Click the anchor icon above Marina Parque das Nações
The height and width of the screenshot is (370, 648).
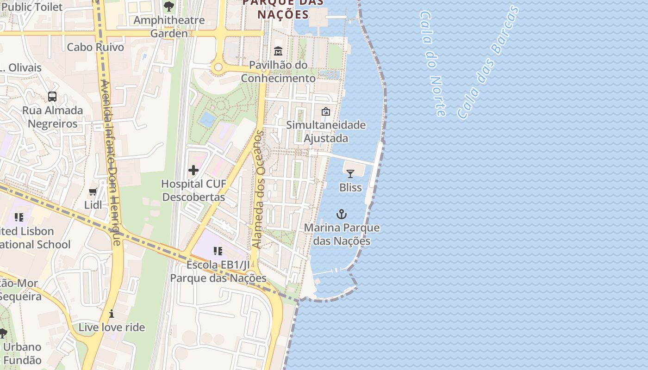pyautogui.click(x=341, y=214)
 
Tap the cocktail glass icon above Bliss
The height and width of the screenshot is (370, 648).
pyautogui.click(x=350, y=173)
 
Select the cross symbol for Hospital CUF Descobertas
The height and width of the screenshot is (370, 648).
pyautogui.click(x=193, y=170)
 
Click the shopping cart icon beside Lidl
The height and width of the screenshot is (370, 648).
pyautogui.click(x=93, y=191)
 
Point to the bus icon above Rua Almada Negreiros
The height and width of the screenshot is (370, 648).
pyautogui.click(x=52, y=97)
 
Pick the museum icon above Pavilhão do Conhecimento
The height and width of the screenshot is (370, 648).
pyautogui.click(x=278, y=51)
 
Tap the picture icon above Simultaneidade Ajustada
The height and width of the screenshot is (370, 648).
pyautogui.click(x=326, y=111)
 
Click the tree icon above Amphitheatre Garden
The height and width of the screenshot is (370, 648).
pyautogui.click(x=169, y=6)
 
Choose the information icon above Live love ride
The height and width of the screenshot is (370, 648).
pyautogui.click(x=112, y=314)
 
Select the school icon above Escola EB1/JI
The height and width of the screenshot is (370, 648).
pyautogui.click(x=218, y=251)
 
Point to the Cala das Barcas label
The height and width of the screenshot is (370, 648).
pyautogui.click(x=488, y=62)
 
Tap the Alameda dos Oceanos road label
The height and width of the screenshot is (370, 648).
pyautogui.click(x=259, y=190)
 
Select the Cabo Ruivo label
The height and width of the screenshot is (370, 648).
pyautogui.click(x=95, y=47)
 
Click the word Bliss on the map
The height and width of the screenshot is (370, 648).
pyautogui.click(x=350, y=187)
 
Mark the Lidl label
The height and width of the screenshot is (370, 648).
pyautogui.click(x=93, y=204)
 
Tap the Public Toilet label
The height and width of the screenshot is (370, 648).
pyautogui.click(x=31, y=6)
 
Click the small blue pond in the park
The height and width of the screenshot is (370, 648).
pyautogui.click(x=207, y=119)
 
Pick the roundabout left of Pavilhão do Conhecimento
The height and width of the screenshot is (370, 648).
pyautogui.click(x=218, y=68)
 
